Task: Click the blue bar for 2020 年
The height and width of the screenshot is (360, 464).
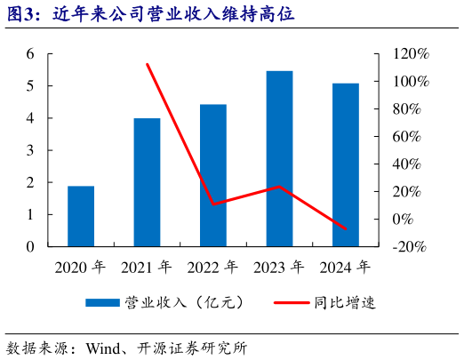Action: [x=81, y=216]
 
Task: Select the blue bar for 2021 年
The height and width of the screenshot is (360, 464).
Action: [x=147, y=182]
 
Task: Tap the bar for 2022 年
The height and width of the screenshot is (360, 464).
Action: [x=212, y=175]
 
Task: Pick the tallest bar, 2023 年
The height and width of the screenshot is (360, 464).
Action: [x=279, y=158]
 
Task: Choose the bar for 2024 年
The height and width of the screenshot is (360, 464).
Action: [x=345, y=164]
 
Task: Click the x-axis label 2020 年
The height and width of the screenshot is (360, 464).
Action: [x=81, y=267]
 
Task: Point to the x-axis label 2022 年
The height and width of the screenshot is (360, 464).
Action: [x=212, y=267]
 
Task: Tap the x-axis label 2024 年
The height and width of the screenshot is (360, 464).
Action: [x=345, y=267]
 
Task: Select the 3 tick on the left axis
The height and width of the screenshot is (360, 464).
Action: [x=30, y=150]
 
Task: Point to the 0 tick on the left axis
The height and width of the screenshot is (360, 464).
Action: [x=30, y=246]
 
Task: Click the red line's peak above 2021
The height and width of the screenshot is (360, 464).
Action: [x=147, y=64]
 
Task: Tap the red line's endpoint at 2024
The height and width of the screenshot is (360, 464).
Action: [x=345, y=228]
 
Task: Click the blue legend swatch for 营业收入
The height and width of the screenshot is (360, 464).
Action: [x=103, y=303]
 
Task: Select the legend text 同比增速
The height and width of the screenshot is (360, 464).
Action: [x=345, y=303]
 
